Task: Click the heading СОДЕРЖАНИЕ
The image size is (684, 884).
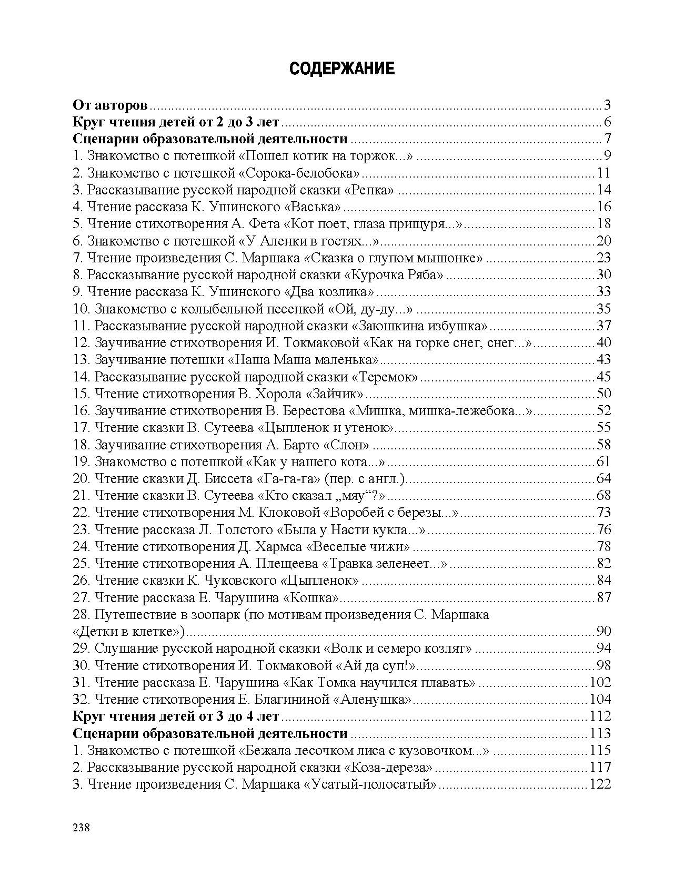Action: [342, 69]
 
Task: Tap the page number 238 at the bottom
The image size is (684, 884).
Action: [82, 827]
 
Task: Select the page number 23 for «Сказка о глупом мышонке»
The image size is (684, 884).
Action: [603, 258]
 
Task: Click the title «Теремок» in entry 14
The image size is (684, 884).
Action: [385, 377]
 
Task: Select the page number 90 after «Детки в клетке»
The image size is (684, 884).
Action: [603, 632]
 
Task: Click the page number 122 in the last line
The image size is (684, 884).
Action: [600, 784]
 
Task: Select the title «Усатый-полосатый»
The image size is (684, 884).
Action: [370, 784]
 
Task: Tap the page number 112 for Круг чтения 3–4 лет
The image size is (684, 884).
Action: [600, 716]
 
